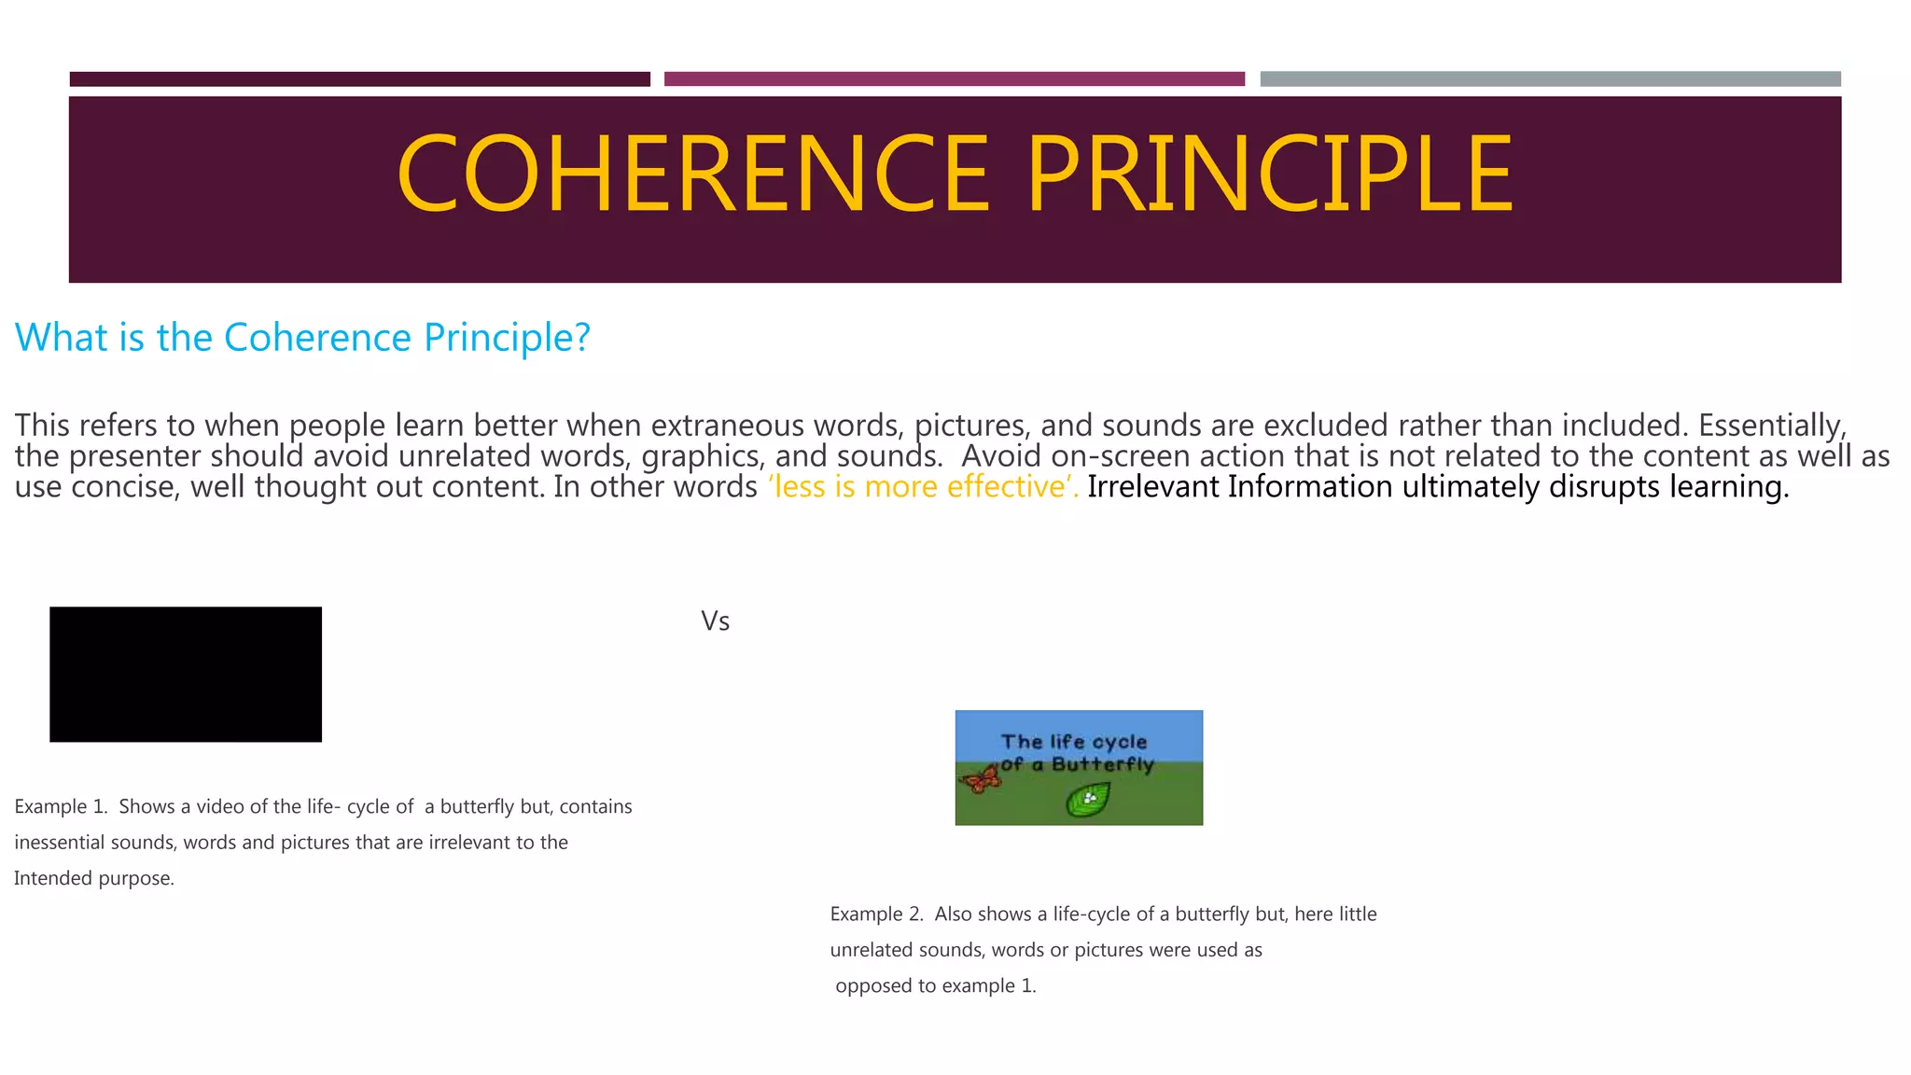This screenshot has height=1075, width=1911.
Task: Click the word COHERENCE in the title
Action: pos(692,175)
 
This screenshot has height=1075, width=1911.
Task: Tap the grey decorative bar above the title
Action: pos(1550,79)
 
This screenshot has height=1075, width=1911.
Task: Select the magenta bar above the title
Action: pos(954,79)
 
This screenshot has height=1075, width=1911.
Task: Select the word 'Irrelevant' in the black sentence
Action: pos(1153,487)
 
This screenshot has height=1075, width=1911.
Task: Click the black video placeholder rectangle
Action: pos(186,674)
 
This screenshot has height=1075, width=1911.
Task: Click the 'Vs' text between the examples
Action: pos(715,621)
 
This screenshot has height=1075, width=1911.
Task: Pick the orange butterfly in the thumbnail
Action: pos(980,778)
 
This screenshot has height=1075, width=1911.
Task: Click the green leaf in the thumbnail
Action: pos(1088,800)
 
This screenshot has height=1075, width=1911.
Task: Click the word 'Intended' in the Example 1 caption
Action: pos(51,879)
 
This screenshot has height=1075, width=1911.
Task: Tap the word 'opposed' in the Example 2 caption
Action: pos(872,986)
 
